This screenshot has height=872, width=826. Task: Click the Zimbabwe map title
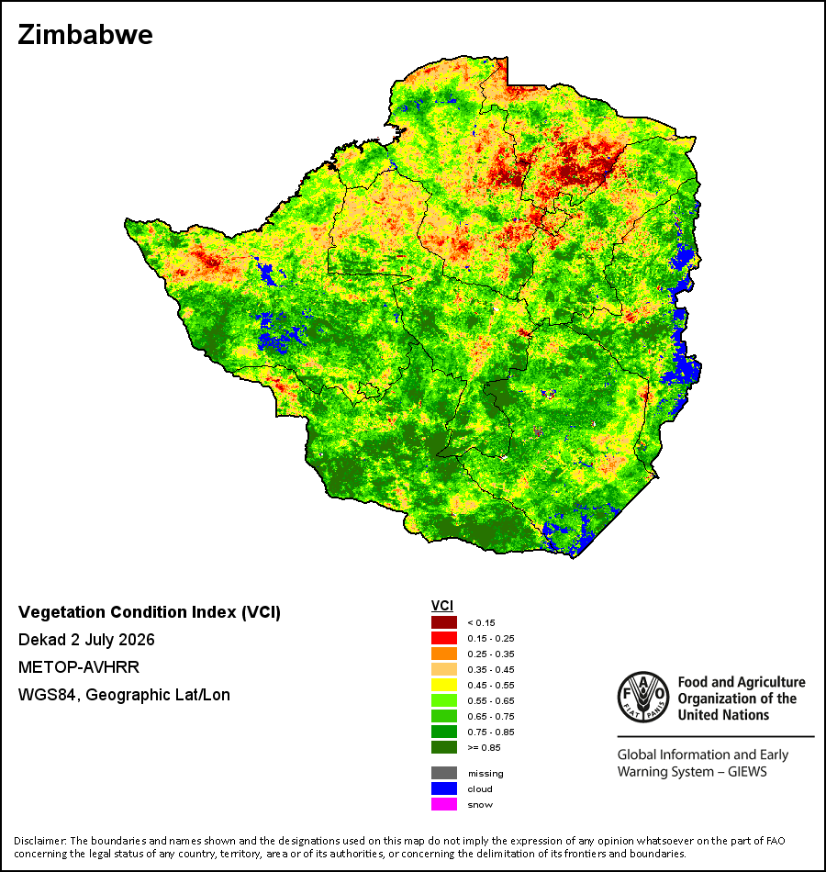(x=85, y=35)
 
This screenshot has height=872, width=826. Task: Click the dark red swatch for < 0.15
(x=444, y=622)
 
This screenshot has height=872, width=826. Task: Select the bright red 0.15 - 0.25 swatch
(x=444, y=638)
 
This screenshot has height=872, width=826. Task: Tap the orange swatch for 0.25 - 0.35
(x=444, y=654)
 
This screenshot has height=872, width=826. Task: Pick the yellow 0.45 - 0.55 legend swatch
(x=444, y=685)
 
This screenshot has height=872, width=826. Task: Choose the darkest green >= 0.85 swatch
(x=444, y=747)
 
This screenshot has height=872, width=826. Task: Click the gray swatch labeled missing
(x=444, y=773)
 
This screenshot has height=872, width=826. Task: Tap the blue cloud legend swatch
(x=444, y=788)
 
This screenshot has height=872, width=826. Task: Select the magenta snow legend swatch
(x=444, y=804)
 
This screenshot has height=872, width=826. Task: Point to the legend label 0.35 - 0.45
(x=491, y=669)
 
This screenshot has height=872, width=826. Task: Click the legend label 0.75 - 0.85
(x=491, y=732)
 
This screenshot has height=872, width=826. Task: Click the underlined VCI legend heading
(x=442, y=606)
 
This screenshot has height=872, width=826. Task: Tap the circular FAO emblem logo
(x=643, y=698)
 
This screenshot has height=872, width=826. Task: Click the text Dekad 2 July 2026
(x=86, y=640)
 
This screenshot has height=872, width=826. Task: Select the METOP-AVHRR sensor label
(x=78, y=666)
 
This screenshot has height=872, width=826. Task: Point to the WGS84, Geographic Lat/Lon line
(x=124, y=695)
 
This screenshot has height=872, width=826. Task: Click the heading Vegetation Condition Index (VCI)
(x=149, y=612)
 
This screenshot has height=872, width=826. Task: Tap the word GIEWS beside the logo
(x=747, y=772)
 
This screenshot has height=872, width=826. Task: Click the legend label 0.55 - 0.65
(x=491, y=700)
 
